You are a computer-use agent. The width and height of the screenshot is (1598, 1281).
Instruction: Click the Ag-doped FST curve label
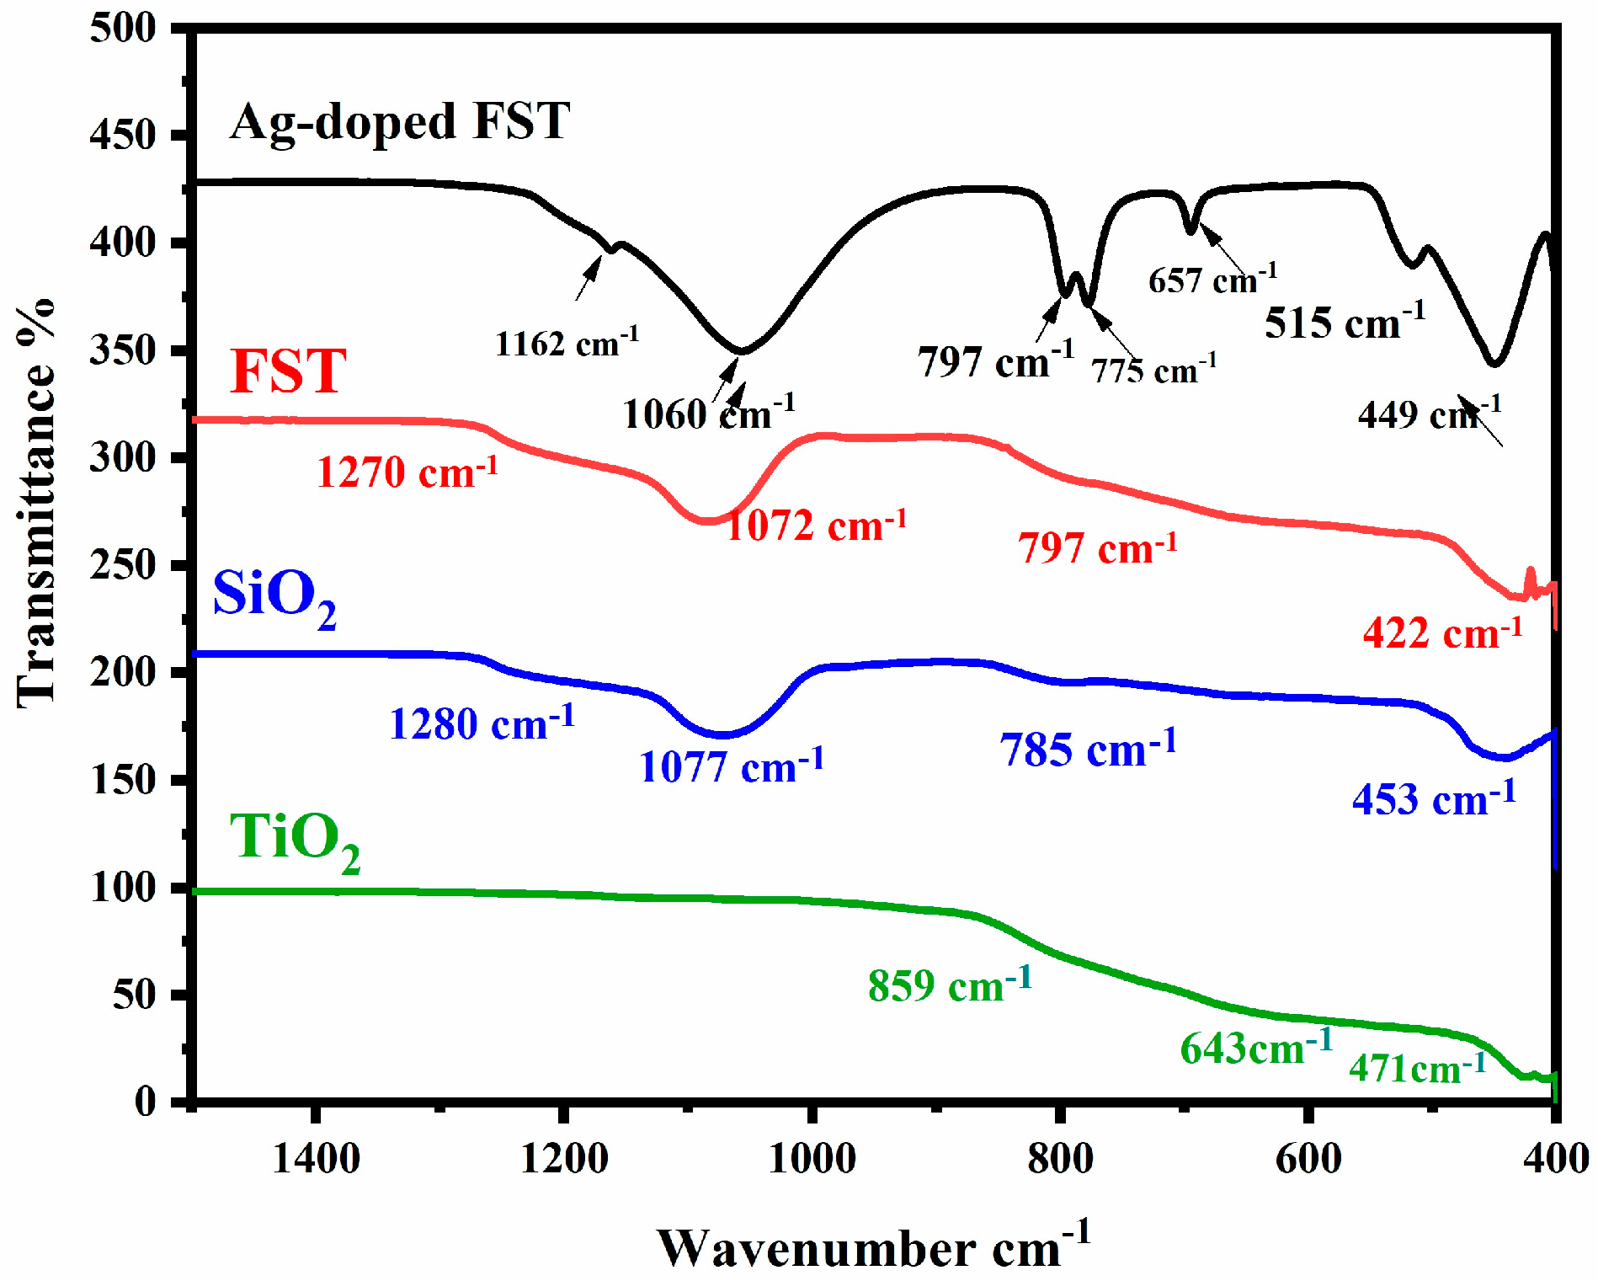pos(400,122)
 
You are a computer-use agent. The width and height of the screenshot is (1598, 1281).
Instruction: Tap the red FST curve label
pos(288,371)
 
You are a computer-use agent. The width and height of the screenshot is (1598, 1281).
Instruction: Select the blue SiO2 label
pos(274,596)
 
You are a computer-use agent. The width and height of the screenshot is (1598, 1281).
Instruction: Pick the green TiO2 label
pos(295,840)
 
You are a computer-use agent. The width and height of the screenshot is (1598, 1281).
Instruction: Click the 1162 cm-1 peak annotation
pos(566,343)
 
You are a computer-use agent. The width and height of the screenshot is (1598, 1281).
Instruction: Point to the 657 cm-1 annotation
pos(1212,279)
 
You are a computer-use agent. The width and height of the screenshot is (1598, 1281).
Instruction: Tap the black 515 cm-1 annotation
pos(1345,323)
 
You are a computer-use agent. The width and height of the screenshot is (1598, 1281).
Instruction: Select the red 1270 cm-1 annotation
pos(407,472)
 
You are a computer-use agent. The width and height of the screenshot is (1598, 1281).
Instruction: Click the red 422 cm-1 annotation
pos(1442,632)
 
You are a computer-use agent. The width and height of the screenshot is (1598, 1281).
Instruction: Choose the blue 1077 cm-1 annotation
pos(731,766)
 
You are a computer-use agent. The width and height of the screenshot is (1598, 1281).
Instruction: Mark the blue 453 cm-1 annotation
pos(1433,798)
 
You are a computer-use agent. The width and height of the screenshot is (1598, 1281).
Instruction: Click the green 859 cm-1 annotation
pos(949,985)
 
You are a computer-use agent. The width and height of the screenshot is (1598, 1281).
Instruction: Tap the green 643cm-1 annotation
pos(1256,1048)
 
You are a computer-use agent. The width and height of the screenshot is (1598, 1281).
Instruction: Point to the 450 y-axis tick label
pos(123,135)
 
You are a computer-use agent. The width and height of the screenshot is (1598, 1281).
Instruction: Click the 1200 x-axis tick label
pos(564,1159)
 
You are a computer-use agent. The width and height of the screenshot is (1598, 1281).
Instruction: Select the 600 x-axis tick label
pos(1308,1159)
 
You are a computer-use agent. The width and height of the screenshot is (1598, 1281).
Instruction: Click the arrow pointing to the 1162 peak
pos(589,277)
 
